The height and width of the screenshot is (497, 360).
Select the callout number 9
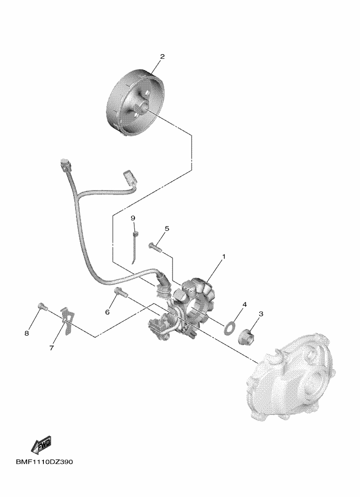click(x=133, y=218)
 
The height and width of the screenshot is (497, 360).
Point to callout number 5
click(x=167, y=229)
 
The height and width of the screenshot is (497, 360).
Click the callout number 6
click(x=107, y=312)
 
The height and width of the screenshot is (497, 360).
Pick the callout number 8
click(x=27, y=333)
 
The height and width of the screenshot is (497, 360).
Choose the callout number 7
click(x=51, y=348)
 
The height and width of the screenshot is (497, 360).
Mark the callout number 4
click(x=244, y=305)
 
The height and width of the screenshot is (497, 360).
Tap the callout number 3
click(x=261, y=314)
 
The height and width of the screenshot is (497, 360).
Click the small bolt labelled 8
click(x=42, y=306)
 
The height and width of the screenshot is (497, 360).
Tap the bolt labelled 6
click(x=121, y=292)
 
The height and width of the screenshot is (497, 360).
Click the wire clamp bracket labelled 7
click(x=68, y=320)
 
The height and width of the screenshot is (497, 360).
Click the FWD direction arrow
click(x=41, y=446)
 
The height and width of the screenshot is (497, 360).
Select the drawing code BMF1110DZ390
click(x=44, y=462)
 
